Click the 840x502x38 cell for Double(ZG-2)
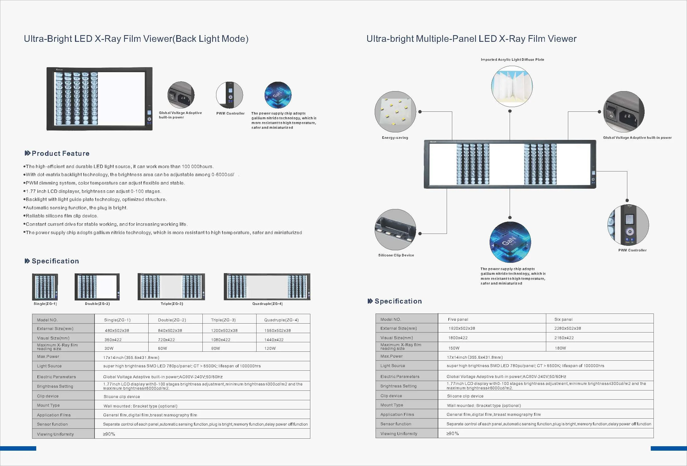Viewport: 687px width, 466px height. (x=170, y=330)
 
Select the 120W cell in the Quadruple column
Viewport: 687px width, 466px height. (x=270, y=348)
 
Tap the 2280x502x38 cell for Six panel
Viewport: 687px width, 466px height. (x=568, y=328)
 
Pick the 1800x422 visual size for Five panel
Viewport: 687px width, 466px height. (x=458, y=338)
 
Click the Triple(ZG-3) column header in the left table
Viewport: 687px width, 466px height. (x=223, y=320)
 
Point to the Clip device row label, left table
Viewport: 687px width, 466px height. (x=48, y=396)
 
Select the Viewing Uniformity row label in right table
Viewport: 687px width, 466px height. (x=398, y=433)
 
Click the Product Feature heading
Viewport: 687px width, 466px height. (x=60, y=153)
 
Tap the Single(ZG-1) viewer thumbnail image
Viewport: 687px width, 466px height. (x=45, y=287)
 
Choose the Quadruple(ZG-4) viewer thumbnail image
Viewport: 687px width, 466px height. (x=267, y=287)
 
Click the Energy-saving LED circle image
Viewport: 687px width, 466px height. (x=395, y=112)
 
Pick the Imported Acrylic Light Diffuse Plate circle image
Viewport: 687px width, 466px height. (x=512, y=86)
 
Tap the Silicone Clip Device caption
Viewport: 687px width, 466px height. (x=396, y=255)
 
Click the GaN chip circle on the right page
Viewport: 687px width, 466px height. (x=510, y=242)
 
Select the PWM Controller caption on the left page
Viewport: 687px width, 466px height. (x=230, y=113)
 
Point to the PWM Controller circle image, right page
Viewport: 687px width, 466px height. (x=628, y=225)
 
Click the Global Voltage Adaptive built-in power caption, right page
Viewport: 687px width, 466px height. (x=637, y=138)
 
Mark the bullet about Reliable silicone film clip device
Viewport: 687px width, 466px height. (x=62, y=216)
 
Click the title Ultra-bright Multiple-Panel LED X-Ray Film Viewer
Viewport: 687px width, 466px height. (x=471, y=39)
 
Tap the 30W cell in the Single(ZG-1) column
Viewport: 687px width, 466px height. (x=109, y=348)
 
